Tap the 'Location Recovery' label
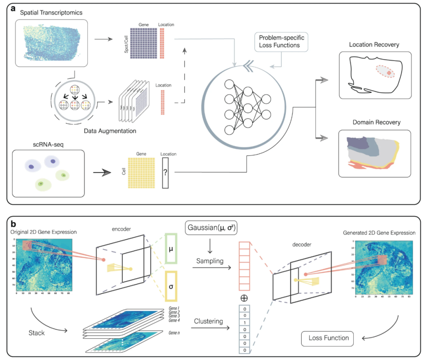pos(374,45)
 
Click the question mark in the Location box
pos(165,173)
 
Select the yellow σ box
pos(170,286)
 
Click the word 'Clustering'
pos(209,321)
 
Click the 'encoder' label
pos(121,229)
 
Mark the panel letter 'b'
pos(14,224)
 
